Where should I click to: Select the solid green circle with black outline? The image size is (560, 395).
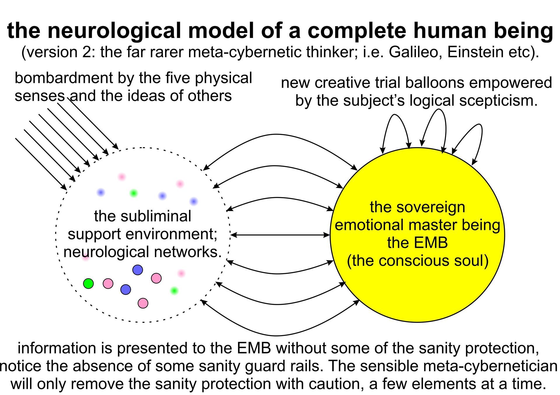[x=88, y=283]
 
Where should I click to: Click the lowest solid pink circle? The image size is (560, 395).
[x=143, y=303]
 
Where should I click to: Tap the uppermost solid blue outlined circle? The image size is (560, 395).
[x=138, y=270]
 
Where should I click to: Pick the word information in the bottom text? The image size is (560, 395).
[x=57, y=348]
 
